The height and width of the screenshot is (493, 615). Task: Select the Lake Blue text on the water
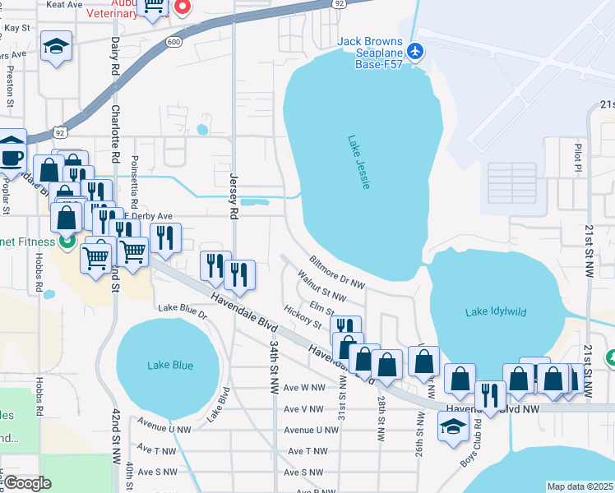pos(170,366)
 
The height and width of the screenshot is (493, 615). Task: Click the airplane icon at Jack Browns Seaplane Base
pos(414,51)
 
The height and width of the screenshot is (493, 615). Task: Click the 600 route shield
pos(173,43)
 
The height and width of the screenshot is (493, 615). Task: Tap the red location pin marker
pos(182,7)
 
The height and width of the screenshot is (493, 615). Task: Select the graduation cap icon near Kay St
pos(57,48)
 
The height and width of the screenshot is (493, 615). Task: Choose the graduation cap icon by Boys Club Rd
pos(452,426)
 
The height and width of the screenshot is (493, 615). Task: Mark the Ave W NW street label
pos(304,387)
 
